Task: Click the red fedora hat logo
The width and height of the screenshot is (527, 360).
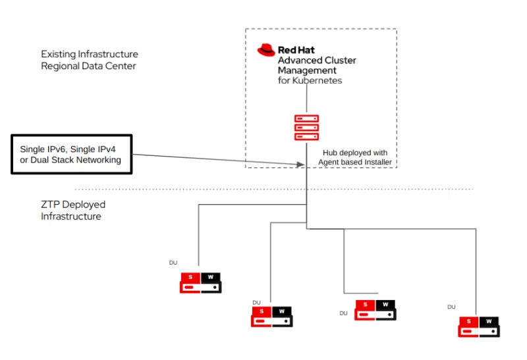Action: tap(265, 49)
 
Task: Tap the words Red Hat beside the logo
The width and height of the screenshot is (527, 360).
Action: tap(296, 49)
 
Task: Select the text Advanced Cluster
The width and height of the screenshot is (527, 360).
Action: tap(317, 61)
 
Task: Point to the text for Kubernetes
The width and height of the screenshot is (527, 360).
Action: tap(310, 80)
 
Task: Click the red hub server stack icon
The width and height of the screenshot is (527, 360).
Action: tap(306, 127)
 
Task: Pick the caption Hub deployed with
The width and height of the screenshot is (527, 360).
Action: tap(355, 152)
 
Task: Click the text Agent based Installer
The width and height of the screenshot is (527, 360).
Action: tap(355, 162)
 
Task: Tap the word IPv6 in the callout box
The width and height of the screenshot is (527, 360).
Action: tap(58, 149)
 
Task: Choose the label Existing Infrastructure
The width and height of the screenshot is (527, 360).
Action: tap(90, 54)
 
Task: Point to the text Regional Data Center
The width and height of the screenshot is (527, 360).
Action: tap(89, 66)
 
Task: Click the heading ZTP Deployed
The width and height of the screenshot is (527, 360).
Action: tap(73, 205)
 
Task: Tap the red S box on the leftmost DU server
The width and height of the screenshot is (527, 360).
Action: tap(190, 278)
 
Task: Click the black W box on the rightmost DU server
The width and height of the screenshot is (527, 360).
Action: tap(488, 321)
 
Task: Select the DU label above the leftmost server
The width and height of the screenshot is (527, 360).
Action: tap(173, 263)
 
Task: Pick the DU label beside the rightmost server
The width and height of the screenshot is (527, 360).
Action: tap(451, 307)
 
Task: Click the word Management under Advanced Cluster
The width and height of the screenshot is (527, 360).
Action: tap(307, 70)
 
